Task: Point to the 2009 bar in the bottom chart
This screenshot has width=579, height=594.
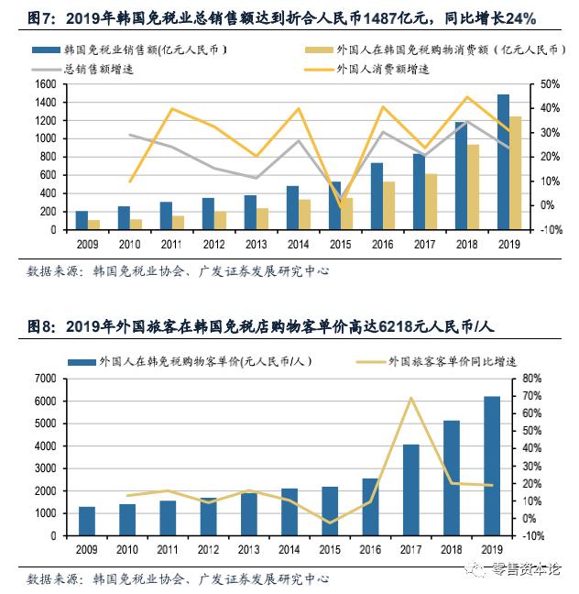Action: coord(87,520)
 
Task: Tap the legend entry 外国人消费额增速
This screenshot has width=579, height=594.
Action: coord(385,69)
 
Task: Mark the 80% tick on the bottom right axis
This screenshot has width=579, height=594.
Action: coord(531,378)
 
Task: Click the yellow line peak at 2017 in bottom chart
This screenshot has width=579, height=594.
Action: coord(411,398)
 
